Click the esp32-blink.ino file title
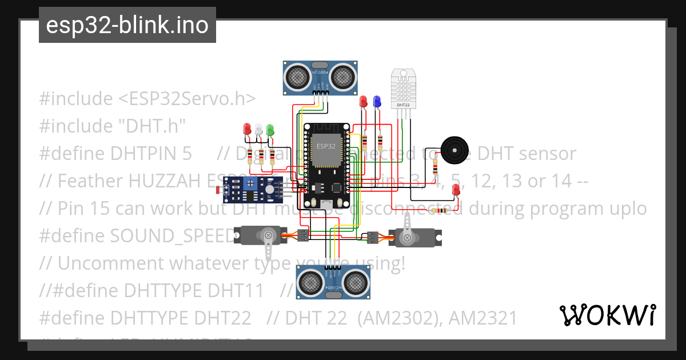[127, 25]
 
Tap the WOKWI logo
[607, 315]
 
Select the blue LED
[376, 102]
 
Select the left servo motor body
[259, 234]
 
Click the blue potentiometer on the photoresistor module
[249, 183]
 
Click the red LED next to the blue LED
[363, 102]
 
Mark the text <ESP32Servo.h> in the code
[186, 98]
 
